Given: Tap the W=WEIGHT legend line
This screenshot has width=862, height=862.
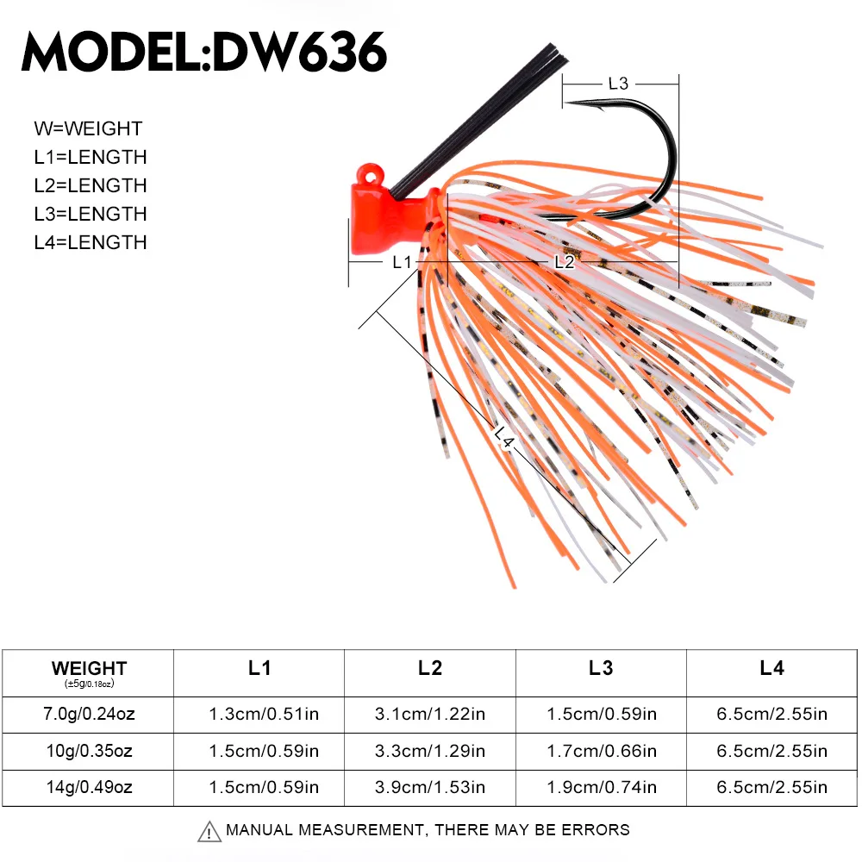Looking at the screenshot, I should click(88, 129).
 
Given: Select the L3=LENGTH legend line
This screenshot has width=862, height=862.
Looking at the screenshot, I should click(91, 214).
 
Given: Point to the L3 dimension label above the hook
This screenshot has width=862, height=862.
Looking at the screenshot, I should click(618, 84).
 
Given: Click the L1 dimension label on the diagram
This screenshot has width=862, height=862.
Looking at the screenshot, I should click(402, 262).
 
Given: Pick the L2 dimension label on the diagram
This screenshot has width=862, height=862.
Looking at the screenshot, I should click(564, 262).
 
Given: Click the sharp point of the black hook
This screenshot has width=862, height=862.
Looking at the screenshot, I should click(568, 103).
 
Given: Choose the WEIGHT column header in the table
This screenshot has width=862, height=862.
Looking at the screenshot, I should click(89, 668).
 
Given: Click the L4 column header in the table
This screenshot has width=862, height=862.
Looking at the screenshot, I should click(771, 668).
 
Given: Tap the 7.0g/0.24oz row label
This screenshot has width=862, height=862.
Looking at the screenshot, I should click(89, 714).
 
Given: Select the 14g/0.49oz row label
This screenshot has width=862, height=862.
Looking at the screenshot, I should click(89, 787).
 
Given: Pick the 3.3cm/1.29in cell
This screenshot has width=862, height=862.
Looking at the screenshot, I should click(430, 751).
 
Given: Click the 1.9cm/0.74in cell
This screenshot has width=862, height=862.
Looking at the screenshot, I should click(601, 787).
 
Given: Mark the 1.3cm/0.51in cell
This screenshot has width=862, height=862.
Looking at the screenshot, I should click(259, 714).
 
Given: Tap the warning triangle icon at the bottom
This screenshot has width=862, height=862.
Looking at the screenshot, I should click(209, 832).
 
